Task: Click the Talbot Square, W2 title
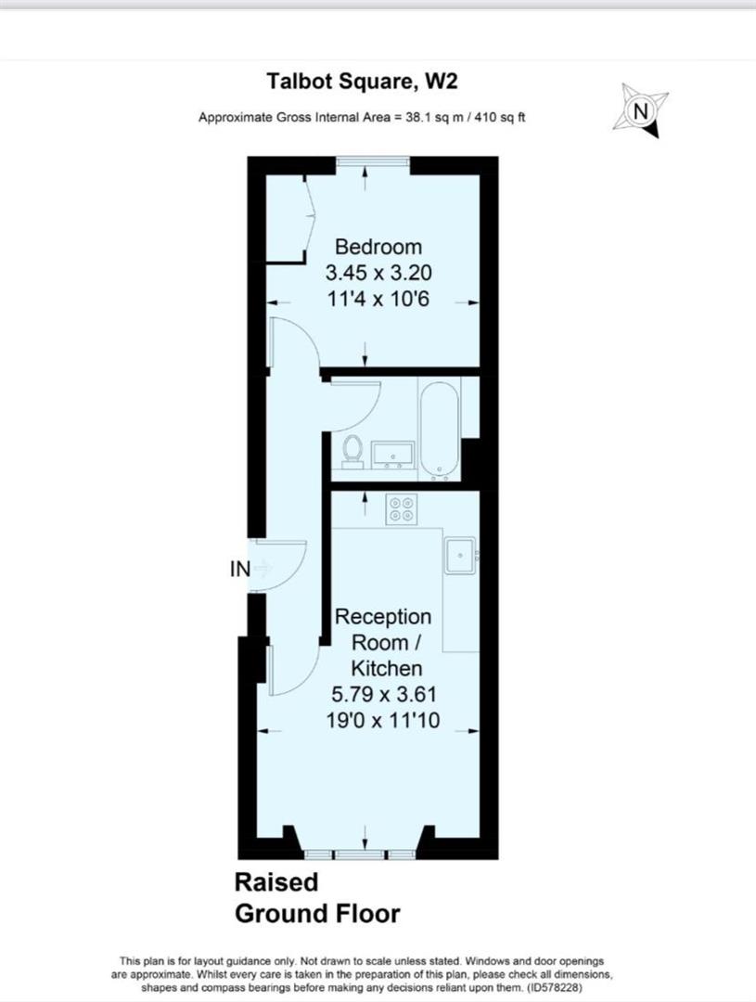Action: [362, 81]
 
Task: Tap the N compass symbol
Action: [641, 110]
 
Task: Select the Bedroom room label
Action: [378, 247]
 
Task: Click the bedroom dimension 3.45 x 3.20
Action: [378, 273]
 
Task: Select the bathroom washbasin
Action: [392, 455]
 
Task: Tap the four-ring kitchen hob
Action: [402, 509]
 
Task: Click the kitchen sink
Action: [461, 556]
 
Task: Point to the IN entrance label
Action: [240, 569]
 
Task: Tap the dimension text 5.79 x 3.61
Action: [383, 694]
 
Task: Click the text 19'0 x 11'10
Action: [383, 720]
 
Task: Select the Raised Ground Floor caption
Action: [317, 898]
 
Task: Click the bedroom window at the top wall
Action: [373, 161]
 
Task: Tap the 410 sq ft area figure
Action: [498, 118]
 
